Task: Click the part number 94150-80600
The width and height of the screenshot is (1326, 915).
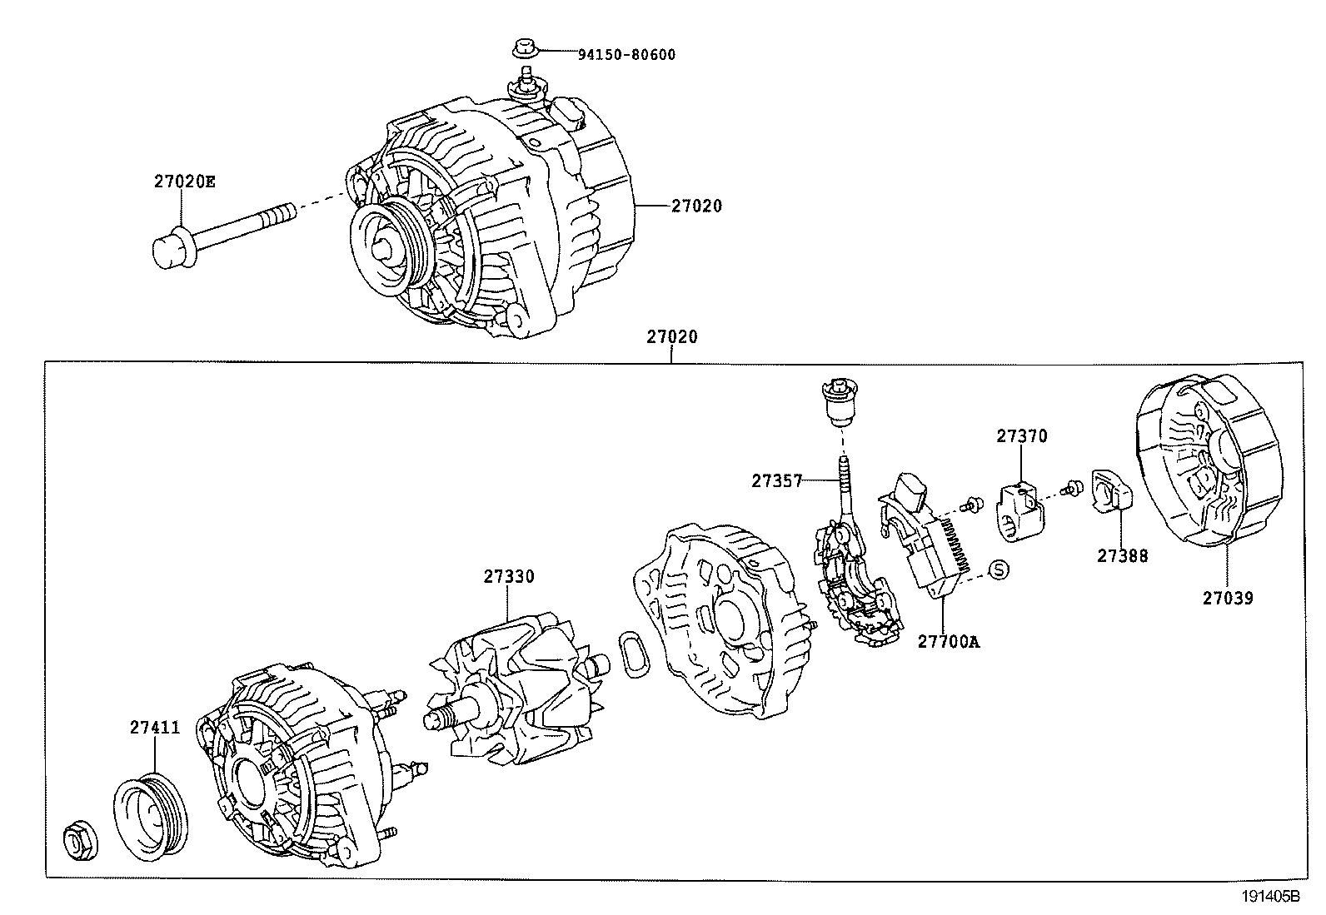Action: [x=626, y=55]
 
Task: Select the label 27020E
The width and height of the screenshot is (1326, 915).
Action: [x=184, y=181]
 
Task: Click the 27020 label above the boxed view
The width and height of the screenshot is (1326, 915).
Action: [x=671, y=337]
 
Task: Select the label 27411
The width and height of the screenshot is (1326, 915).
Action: [x=155, y=727]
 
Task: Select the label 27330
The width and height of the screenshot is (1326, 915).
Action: [x=509, y=576]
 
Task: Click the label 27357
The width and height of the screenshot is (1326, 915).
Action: [x=776, y=480]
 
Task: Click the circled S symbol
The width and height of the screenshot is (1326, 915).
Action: [x=999, y=569]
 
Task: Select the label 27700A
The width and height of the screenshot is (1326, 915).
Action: [x=949, y=641]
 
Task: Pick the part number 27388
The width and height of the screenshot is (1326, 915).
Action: [x=1122, y=556]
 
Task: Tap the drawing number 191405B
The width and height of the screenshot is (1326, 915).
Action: [x=1270, y=897]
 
